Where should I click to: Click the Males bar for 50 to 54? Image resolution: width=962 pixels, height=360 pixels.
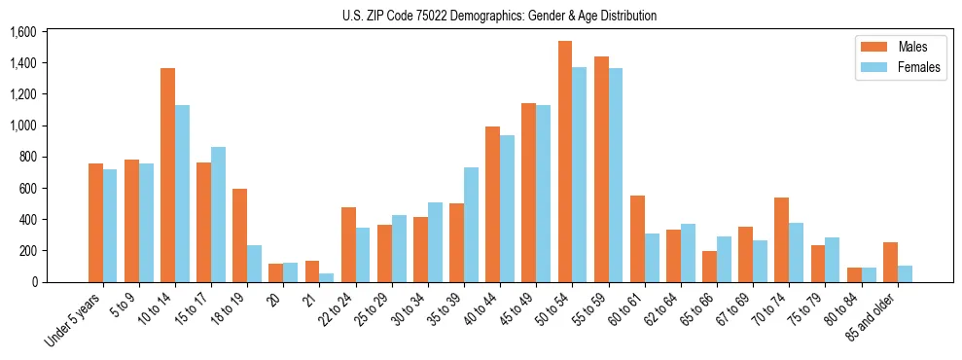(565, 162)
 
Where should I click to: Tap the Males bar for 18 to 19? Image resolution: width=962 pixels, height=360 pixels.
(239, 235)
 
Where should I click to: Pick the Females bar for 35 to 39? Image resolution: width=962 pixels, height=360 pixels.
(471, 225)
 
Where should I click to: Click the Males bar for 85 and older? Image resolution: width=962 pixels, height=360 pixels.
(890, 263)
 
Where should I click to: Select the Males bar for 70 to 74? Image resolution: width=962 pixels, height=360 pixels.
(781, 240)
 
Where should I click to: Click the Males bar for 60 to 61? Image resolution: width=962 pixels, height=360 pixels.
(637, 239)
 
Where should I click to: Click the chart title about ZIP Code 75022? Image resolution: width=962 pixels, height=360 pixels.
(499, 16)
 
